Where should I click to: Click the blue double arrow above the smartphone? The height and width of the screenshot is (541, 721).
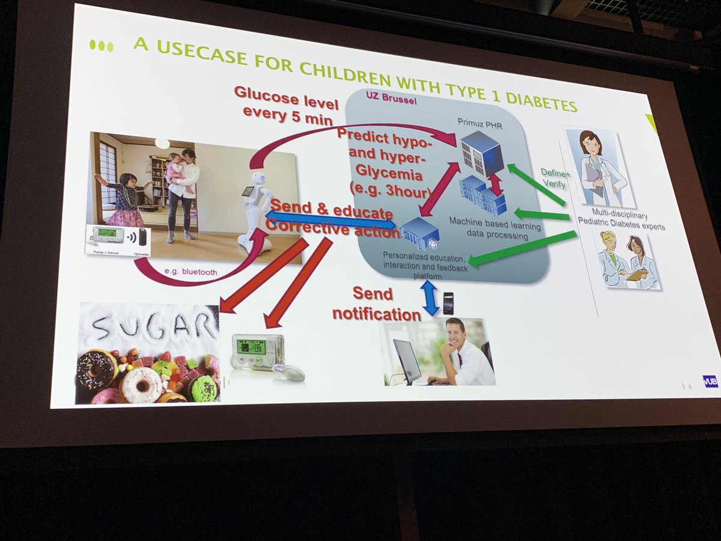coord(430,298)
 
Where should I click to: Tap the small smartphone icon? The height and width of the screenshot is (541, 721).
coord(448,302)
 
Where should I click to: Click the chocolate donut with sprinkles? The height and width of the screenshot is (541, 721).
coord(96,370)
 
